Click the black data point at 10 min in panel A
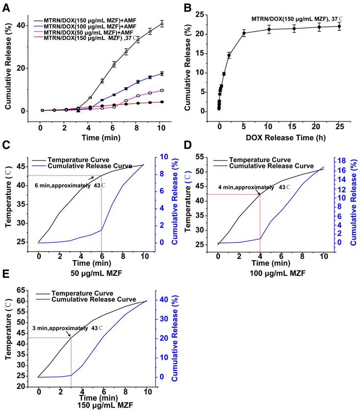[x=162, y=23]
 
